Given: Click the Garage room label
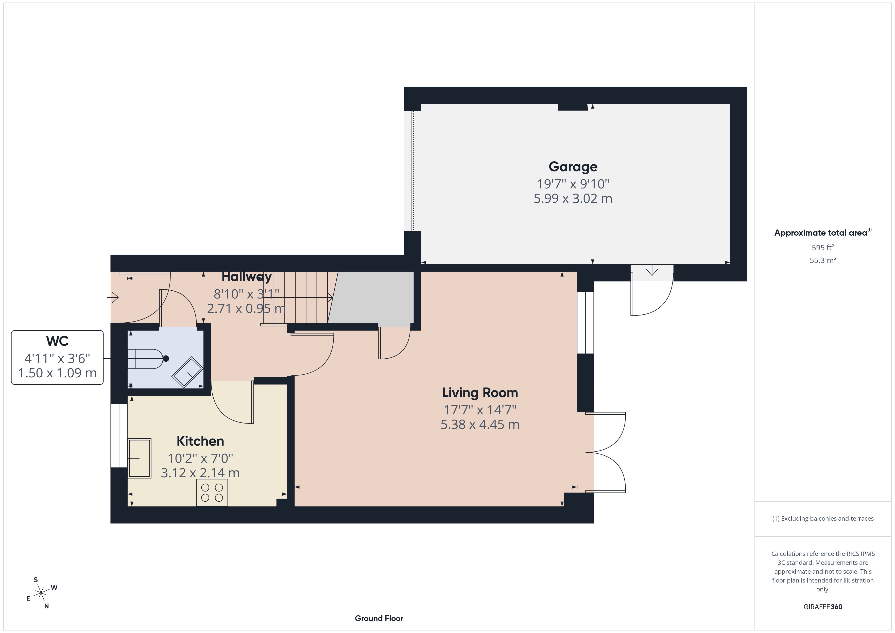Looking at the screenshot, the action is click(573, 167).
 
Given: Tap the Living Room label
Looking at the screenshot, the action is click(480, 393).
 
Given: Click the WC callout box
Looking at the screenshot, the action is click(57, 357).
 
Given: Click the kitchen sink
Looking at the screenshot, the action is click(140, 458).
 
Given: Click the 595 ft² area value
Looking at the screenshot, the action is click(823, 248).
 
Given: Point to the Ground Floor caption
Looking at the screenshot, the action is click(379, 618).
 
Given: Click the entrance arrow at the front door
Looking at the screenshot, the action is click(113, 297).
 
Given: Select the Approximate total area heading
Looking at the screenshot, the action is click(823, 233).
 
